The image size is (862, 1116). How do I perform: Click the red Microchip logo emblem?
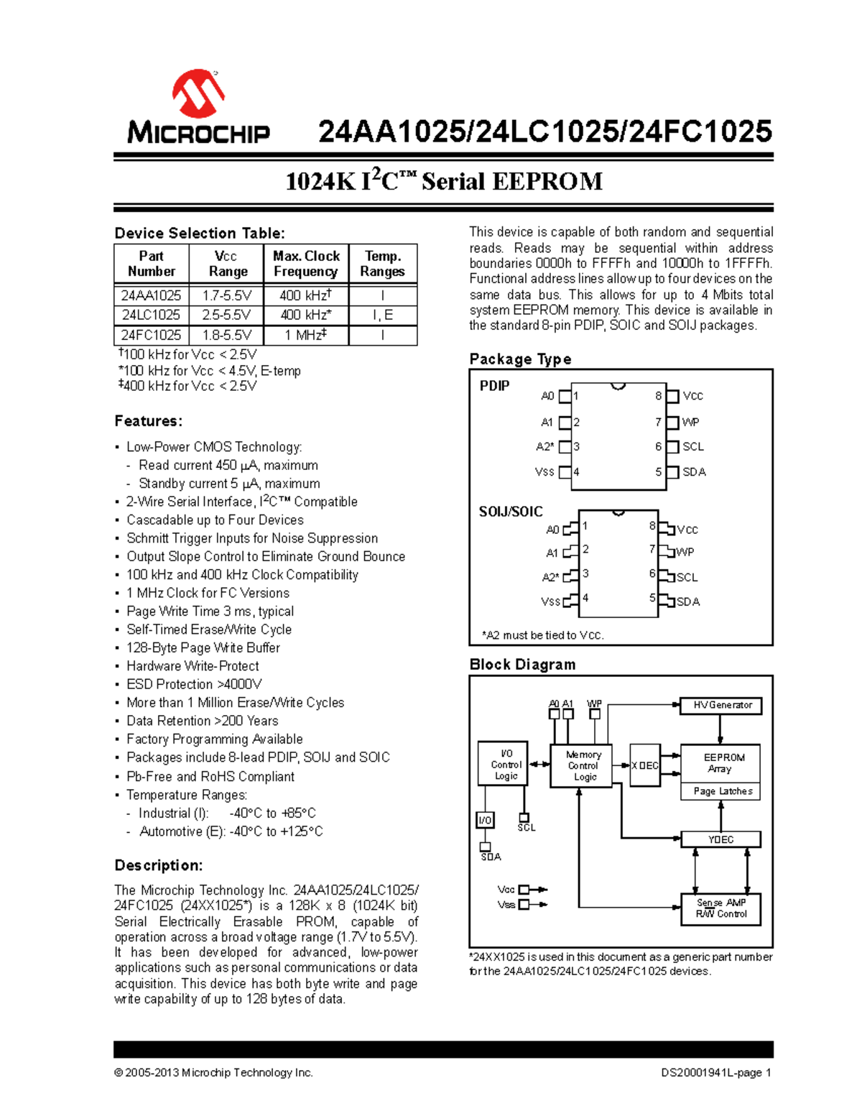198,93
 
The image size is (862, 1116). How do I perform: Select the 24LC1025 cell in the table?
151,315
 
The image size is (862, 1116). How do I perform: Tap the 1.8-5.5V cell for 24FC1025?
227,335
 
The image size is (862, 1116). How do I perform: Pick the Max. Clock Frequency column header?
306,264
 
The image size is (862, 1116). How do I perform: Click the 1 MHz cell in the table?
306,335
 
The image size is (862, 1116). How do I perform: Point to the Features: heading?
149,421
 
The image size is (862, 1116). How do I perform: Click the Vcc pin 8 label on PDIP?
692,396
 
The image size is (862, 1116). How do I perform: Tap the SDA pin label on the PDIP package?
694,472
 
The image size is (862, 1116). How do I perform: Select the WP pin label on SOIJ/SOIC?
685,552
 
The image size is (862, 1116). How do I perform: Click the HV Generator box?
721,706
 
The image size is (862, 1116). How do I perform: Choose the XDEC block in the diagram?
644,765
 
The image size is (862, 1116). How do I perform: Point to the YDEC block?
720,839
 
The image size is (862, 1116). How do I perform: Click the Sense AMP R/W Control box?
720,908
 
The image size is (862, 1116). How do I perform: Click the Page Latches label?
722,791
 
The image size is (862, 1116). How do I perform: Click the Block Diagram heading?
522,665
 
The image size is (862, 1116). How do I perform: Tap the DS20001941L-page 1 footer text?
715,1073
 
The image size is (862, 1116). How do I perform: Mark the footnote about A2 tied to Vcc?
543,635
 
